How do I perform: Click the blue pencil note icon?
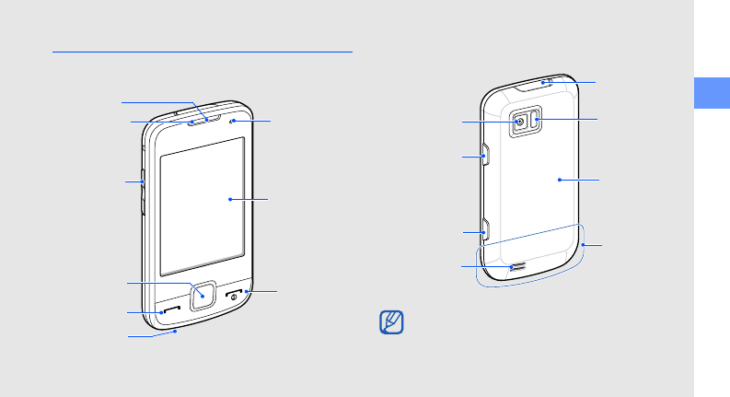[x=392, y=323]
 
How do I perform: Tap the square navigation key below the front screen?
[x=202, y=296]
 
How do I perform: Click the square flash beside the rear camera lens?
[x=536, y=120]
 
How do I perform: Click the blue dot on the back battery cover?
[x=560, y=181]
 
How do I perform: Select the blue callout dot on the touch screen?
[x=228, y=199]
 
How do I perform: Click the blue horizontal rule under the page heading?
[x=203, y=53]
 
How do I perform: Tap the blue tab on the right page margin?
[x=712, y=94]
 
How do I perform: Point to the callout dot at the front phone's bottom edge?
[x=175, y=333]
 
